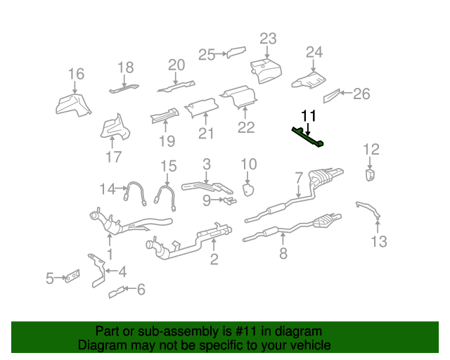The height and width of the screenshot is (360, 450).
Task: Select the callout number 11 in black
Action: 309,115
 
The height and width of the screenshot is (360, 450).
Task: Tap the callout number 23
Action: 268,38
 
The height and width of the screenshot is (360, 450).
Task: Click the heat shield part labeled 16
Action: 72,103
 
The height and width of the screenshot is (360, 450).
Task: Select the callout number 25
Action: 207,54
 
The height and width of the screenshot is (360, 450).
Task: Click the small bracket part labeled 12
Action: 370,174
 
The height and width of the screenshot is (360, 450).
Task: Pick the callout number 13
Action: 379,242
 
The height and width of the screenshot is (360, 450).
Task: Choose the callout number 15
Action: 167,167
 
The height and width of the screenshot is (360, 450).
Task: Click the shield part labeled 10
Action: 248,188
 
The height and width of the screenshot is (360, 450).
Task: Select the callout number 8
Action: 283,254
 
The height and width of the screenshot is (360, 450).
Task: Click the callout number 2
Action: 214,260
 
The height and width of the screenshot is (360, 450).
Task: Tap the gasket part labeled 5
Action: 72,279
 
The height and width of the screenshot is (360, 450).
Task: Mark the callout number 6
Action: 141,288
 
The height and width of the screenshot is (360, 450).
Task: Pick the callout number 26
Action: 361,94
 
